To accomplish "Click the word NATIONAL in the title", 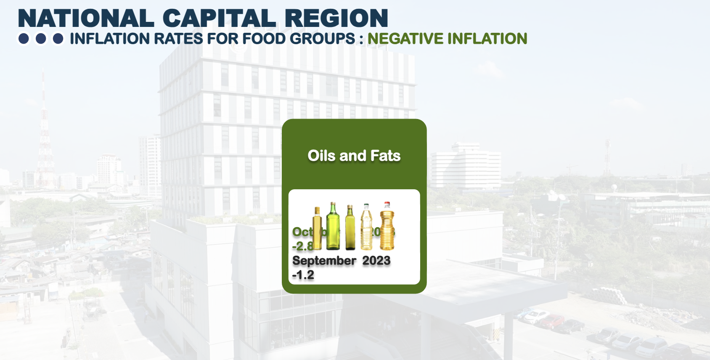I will tap(86, 19).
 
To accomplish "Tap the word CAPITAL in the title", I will tap(219, 19).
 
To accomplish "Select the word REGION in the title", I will tap(336, 19).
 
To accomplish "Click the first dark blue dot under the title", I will tap(24, 39).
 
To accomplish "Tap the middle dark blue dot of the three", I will tap(41, 39).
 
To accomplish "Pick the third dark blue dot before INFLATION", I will tap(58, 39).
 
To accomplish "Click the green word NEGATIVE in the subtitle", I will tap(405, 39).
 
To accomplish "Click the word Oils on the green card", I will tap(321, 156).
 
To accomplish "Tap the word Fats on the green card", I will tap(385, 156).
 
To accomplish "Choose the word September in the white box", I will tap(324, 261).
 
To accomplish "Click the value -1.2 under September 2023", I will tap(303, 275).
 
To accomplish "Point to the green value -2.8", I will tap(302, 246).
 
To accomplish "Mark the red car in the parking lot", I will tap(551, 321).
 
